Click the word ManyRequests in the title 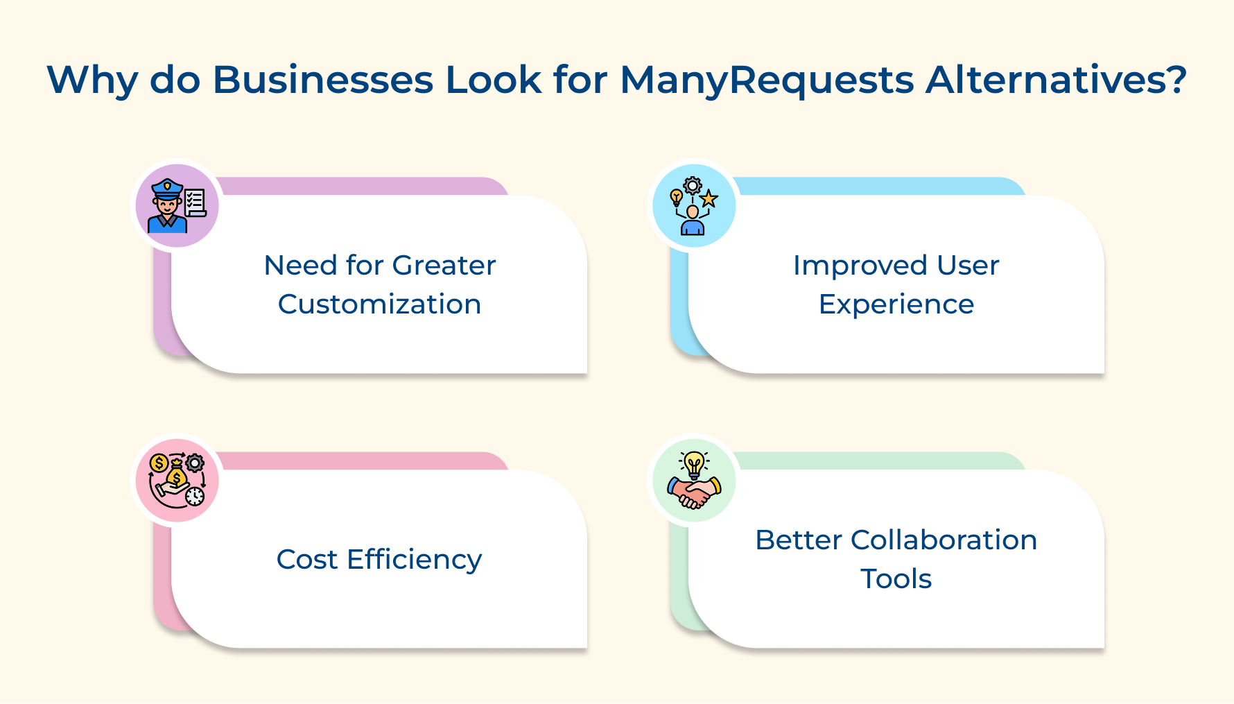tap(767, 80)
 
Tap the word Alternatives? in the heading tap(1057, 80)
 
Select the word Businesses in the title tap(322, 80)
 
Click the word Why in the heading tap(92, 80)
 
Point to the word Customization tap(379, 304)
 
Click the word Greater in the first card tap(444, 266)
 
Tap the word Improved tap(860, 266)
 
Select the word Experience tap(896, 304)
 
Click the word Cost tap(306, 560)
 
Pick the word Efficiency tap(414, 560)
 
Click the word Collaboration tap(944, 540)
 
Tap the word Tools tap(896, 579)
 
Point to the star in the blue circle tap(709, 200)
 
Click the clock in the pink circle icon tap(195, 496)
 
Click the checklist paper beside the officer tap(195, 202)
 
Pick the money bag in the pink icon tap(176, 475)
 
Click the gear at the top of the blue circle tap(693, 185)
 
